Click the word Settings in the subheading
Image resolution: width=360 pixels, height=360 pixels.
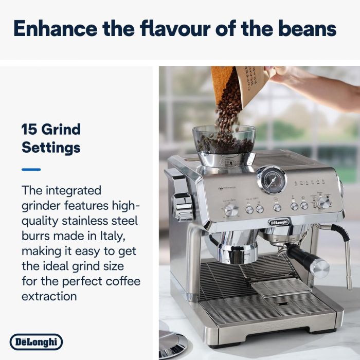[51, 148]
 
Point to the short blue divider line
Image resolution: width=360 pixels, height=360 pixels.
[31, 169]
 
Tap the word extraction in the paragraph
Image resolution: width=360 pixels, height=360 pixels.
[49, 296]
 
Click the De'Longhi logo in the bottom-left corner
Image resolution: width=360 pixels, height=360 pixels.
[36, 342]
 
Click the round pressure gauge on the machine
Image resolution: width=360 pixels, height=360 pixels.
[271, 180]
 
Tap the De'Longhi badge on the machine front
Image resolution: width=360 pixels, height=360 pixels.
[279, 222]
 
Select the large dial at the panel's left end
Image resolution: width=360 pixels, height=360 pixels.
[231, 210]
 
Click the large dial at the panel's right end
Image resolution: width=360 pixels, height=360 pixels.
[324, 202]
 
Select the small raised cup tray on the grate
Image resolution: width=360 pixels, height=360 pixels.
[280, 287]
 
